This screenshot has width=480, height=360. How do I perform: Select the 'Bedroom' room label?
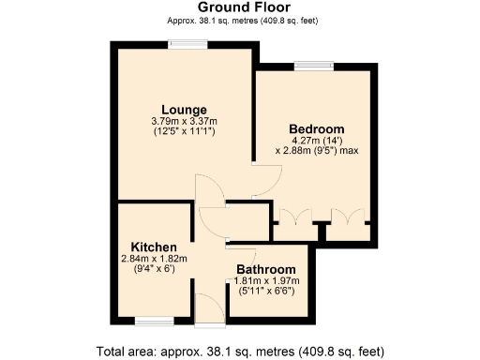click(x=316, y=128)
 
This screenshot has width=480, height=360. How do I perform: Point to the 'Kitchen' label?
click(x=153, y=247)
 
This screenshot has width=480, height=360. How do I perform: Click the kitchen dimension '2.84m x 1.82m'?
click(x=153, y=258)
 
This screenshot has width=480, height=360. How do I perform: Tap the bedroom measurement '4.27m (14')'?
click(x=317, y=140)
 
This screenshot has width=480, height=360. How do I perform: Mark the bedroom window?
click(x=307, y=66)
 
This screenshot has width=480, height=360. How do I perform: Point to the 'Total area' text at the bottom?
click(x=240, y=352)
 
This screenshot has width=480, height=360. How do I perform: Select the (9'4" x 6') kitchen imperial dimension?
click(x=153, y=268)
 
